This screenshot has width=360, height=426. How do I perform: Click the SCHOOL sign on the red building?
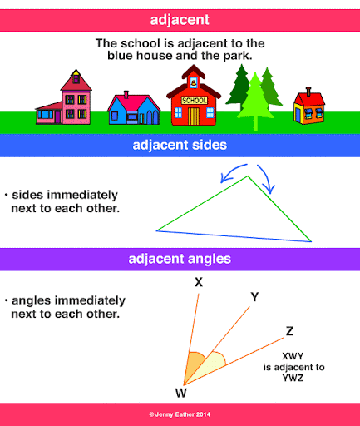(x=195, y=100)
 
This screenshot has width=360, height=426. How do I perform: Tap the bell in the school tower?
(x=194, y=82)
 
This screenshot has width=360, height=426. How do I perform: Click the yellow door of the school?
(x=194, y=116)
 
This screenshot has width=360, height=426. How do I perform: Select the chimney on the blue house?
(x=126, y=95)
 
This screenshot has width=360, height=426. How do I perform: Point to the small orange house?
(x=309, y=106)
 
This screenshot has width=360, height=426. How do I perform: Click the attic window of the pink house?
(x=76, y=79)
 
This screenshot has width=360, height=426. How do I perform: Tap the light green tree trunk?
(x=255, y=124)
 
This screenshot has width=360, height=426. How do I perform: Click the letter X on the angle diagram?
(x=199, y=282)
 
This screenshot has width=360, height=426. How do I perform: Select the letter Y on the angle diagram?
(x=254, y=297)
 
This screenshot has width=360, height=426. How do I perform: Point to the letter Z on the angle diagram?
(x=289, y=331)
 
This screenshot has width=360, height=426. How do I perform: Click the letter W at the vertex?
(x=181, y=393)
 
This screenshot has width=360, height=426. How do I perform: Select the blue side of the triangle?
(x=234, y=236)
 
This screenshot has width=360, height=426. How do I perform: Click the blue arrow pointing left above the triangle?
(x=232, y=171)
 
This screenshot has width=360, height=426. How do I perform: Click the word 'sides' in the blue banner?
(x=210, y=145)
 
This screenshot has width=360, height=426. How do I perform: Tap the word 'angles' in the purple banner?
(x=210, y=260)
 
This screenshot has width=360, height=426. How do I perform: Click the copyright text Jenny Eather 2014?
(x=180, y=414)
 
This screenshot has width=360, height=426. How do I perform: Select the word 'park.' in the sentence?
(x=238, y=56)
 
